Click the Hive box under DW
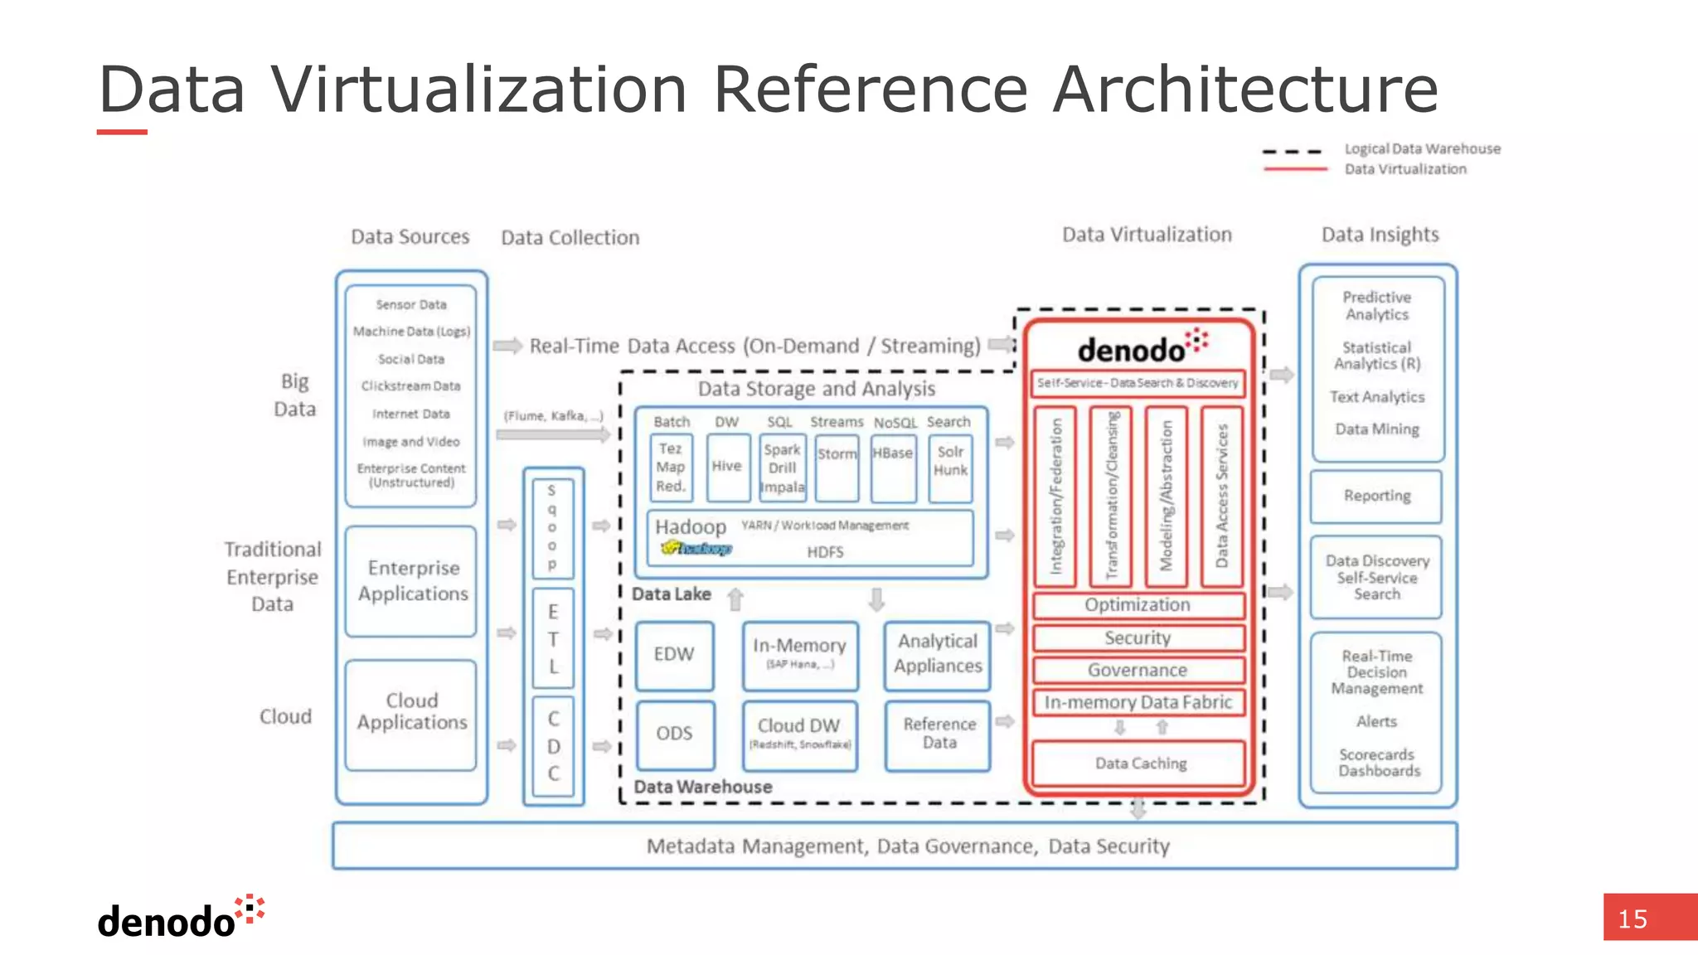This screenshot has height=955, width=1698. [x=727, y=467]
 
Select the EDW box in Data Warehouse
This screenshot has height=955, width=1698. [x=674, y=655]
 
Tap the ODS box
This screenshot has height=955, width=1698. [x=674, y=734]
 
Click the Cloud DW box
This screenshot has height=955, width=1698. [x=799, y=734]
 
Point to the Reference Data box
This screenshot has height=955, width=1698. [x=939, y=734]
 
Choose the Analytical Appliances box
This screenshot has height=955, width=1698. [x=938, y=655]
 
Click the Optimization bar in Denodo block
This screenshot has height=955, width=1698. [x=1138, y=605]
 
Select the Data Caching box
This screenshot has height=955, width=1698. [x=1140, y=764]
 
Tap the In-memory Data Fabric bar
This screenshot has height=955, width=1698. [x=1138, y=703]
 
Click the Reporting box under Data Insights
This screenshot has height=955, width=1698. [x=1376, y=496]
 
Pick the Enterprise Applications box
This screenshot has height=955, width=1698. [x=412, y=581]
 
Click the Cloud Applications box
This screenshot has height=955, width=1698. [x=412, y=712]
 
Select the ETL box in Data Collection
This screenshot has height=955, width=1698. [x=553, y=639]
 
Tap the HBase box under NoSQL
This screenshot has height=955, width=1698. [x=893, y=467]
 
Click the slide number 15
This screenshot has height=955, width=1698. [x=1633, y=919]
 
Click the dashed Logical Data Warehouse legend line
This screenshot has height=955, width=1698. [x=1292, y=153]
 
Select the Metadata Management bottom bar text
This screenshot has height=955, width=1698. [x=907, y=846]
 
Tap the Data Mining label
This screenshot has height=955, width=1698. [x=1376, y=429]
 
